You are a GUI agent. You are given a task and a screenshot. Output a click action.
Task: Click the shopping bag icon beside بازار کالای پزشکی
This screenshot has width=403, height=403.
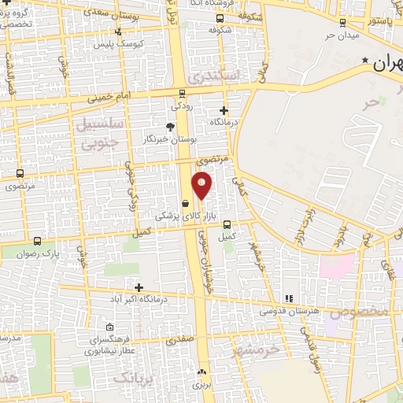pyautogui.click(x=185, y=203)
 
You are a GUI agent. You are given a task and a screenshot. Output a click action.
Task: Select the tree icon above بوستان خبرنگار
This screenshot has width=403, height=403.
pyautogui.click(x=170, y=127)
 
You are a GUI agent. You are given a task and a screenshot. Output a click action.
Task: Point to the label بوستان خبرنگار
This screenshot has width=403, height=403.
pyautogui.click(x=169, y=139)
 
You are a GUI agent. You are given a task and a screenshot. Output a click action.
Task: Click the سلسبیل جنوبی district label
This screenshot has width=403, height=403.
pyautogui.click(x=98, y=134)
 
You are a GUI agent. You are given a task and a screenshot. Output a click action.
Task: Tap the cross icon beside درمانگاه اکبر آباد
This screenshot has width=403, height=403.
pyautogui.click(x=139, y=288)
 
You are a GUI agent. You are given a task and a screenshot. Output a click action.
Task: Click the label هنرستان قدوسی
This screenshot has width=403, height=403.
pyautogui.click(x=289, y=312)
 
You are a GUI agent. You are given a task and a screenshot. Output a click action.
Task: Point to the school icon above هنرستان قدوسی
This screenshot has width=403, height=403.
pyautogui.click(x=289, y=298)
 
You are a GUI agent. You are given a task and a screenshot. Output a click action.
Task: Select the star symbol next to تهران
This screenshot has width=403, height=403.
pyautogui.click(x=364, y=61)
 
